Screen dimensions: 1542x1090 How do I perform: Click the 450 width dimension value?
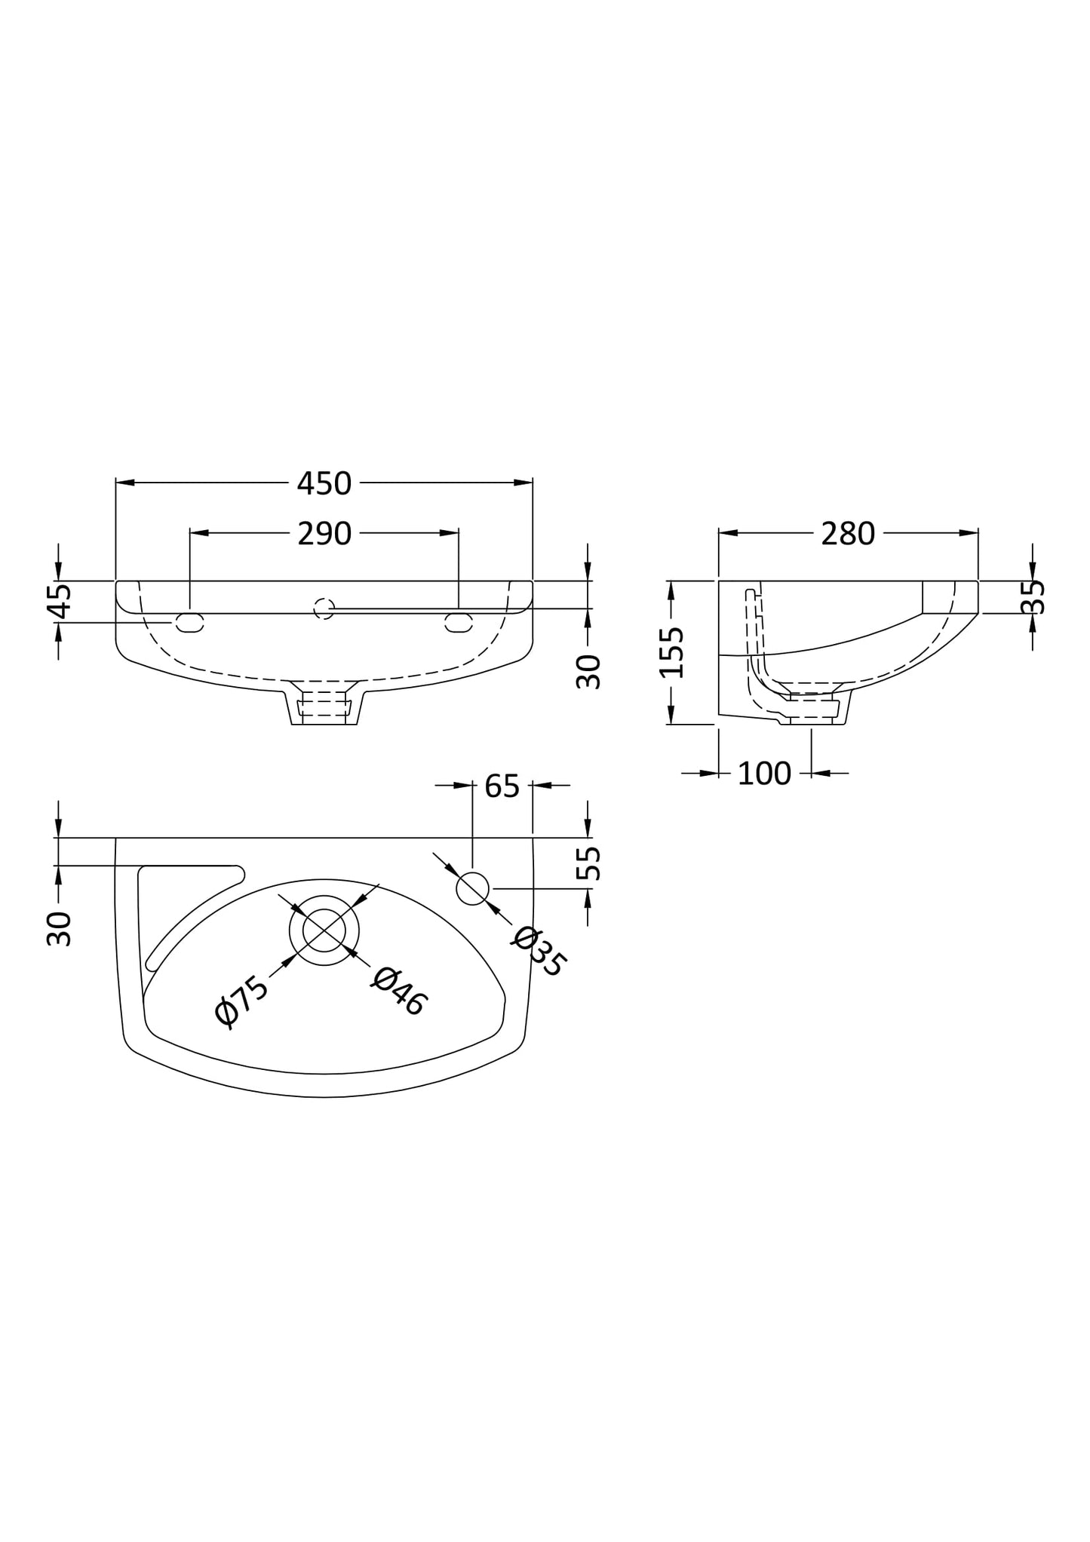(324, 483)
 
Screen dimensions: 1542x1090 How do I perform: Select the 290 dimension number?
(324, 534)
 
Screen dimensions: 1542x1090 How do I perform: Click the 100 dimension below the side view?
(763, 774)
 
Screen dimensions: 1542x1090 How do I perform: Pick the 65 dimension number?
(502, 786)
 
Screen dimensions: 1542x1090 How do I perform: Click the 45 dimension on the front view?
(60, 601)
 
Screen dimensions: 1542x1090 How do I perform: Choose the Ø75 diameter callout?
(241, 1001)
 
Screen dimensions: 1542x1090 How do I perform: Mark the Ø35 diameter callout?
(539, 952)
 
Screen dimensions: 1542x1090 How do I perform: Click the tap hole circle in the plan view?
(472, 888)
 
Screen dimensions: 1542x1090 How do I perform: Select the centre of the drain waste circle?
(324, 930)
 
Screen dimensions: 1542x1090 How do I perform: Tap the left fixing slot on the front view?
(189, 622)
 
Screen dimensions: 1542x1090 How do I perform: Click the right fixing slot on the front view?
(458, 622)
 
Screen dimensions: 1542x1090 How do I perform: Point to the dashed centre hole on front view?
(324, 608)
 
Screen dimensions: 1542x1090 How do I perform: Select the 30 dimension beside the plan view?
(60, 928)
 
